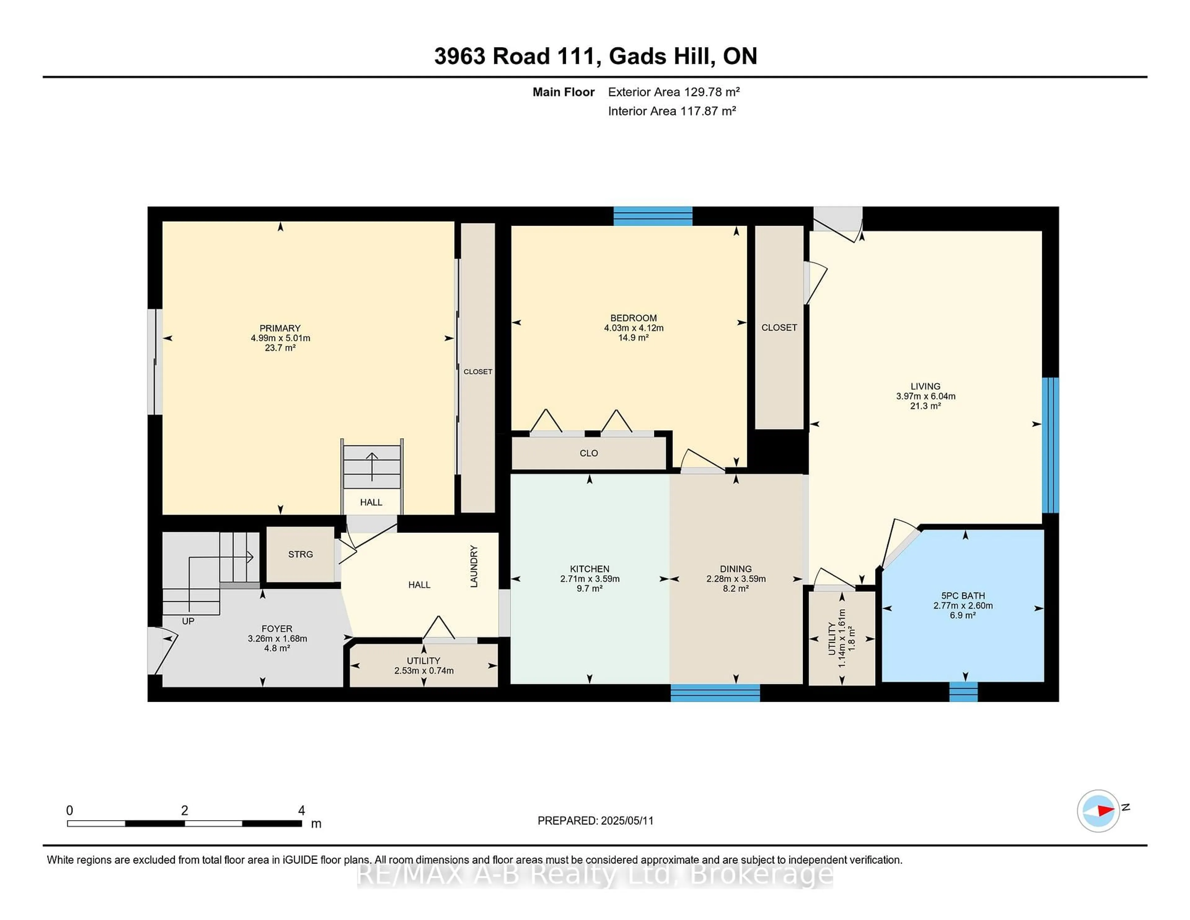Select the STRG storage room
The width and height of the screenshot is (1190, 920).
(300, 554)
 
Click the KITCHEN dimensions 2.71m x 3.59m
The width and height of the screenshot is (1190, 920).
(589, 579)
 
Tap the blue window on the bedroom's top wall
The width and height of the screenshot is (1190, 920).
(652, 216)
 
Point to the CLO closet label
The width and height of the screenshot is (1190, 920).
(588, 453)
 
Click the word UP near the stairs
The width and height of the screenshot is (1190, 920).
(188, 621)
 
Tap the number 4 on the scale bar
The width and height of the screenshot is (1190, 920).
(301, 811)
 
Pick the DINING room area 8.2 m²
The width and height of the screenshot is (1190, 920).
(736, 589)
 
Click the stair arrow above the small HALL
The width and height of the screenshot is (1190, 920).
(372, 466)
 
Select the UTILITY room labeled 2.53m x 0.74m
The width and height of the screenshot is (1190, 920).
(423, 666)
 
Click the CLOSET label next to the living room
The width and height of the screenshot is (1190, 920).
(779, 328)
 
